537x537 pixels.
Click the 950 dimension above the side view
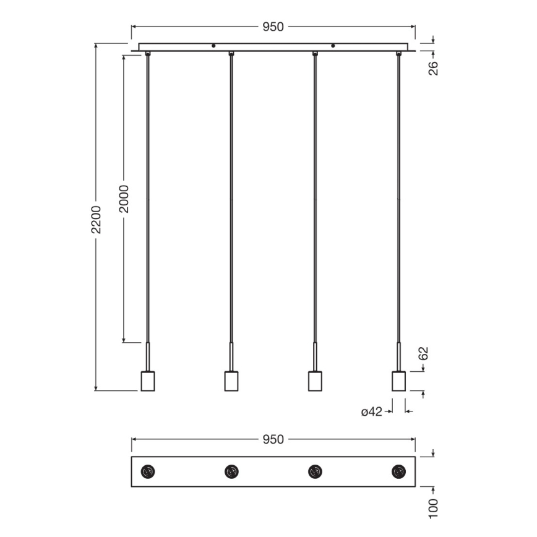tap(273, 27)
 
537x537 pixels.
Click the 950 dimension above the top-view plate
tap(273, 439)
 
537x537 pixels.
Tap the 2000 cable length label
tap(124, 198)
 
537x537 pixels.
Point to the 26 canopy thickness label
tap(433, 67)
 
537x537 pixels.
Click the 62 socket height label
tap(424, 354)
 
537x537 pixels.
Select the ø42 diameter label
tap(372, 411)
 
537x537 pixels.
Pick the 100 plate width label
tap(433, 507)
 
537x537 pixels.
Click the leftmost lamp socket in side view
tap(148, 380)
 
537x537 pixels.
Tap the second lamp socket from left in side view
tap(231, 380)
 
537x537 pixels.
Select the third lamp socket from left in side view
tap(315, 380)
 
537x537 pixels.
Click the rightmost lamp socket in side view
tap(399, 380)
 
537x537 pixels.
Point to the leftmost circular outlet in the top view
tap(148, 471)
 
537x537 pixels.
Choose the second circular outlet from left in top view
tap(231, 471)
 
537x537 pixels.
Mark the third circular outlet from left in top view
tap(315, 471)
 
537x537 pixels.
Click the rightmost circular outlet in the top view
tap(399, 471)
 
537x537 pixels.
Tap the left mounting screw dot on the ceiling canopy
tap(213, 46)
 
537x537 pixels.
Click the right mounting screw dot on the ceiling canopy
tap(333, 46)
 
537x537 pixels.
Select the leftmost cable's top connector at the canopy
tap(148, 54)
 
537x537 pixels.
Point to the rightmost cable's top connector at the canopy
tap(399, 54)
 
